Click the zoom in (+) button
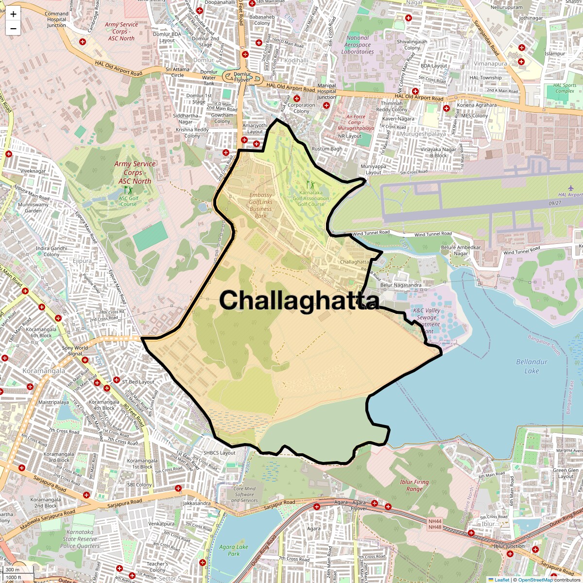pos(13,15)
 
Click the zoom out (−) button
pos(13,28)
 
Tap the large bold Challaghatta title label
pos(299,300)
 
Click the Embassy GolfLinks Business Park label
pos(260,206)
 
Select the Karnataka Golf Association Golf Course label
pos(311,198)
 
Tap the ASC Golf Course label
pos(129,201)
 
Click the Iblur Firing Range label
pos(414,485)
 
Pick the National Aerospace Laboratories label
pos(358,45)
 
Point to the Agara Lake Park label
pos(234,550)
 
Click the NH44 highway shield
pos(435,521)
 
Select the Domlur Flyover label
pos(242,77)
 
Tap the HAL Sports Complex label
pos(565,88)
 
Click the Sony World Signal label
pos(75,351)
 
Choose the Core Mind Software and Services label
pos(244,495)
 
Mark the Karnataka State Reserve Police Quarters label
pos(81,539)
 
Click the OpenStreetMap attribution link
pos(535,580)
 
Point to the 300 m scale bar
pos(13,569)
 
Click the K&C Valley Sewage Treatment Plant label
pos(426,321)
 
